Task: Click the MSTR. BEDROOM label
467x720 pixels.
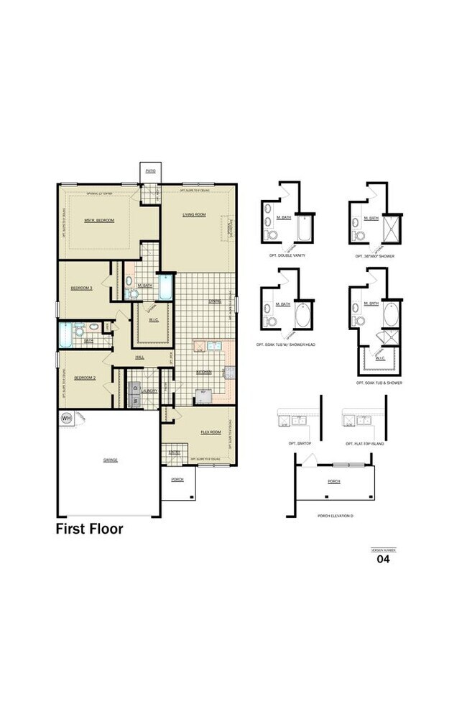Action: point(99,220)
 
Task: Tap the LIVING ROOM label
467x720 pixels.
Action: point(194,214)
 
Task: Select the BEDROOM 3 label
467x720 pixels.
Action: point(81,288)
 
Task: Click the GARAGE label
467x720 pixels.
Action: point(110,460)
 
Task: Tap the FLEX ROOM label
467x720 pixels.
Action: point(210,432)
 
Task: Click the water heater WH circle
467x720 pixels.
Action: point(66,418)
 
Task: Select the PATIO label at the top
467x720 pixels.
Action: point(150,171)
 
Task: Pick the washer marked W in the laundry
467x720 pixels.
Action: point(134,401)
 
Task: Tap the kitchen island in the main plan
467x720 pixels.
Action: point(203,396)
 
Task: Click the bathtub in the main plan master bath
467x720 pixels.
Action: point(166,287)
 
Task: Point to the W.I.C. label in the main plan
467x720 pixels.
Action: point(153,320)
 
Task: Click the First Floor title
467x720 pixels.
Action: point(89,529)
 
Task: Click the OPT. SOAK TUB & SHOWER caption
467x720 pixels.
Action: point(379,383)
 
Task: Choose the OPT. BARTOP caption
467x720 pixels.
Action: point(298,444)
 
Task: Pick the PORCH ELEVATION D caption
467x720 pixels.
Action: point(333,516)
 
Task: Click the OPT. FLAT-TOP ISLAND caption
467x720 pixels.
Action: point(366,444)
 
